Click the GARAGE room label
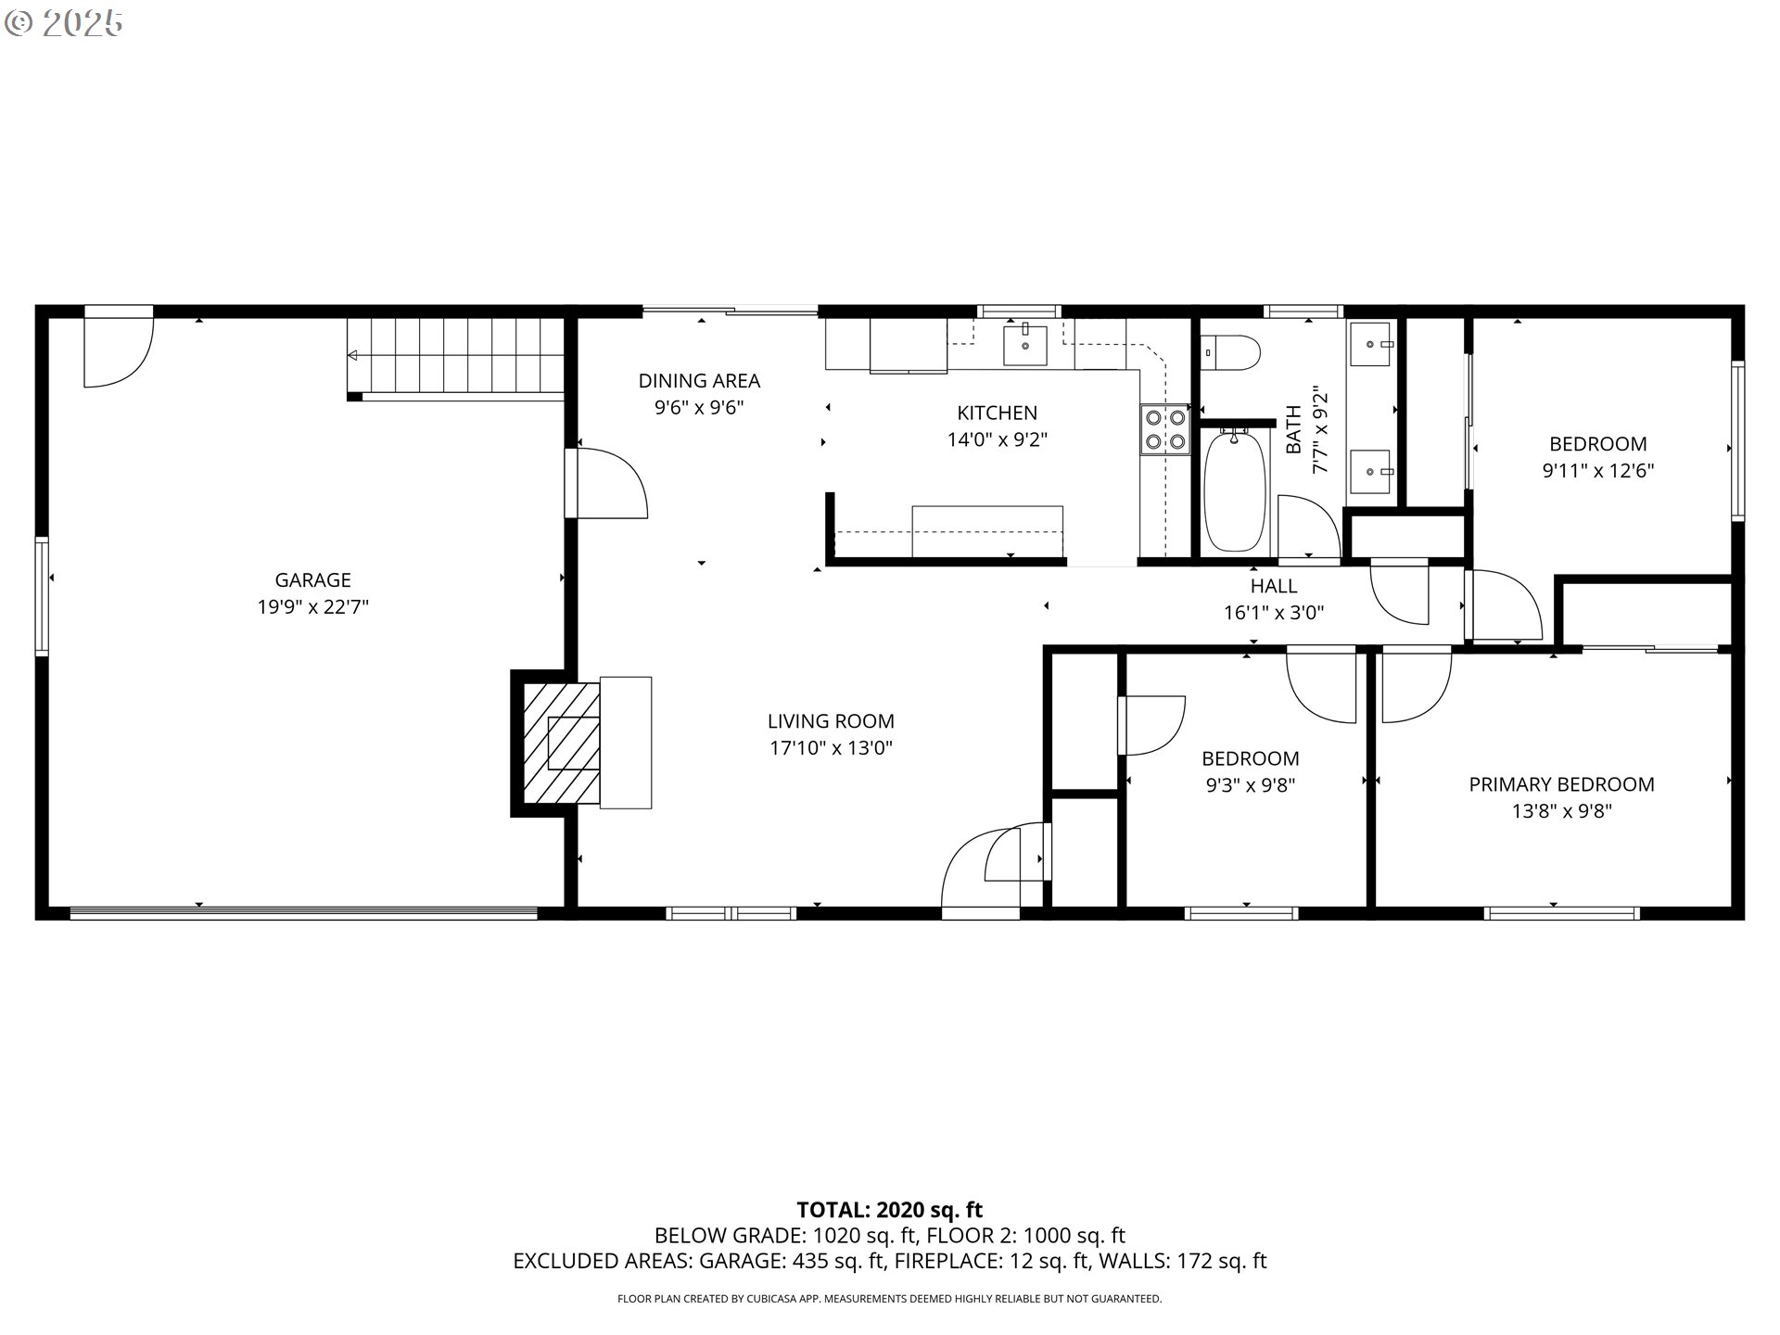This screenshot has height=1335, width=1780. coord(312,580)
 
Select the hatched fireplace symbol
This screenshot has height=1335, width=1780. coord(562,744)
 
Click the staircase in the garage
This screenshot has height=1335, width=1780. coord(456,359)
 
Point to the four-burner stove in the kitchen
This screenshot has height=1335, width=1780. coord(1165,430)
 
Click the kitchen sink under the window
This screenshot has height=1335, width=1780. coord(1025,345)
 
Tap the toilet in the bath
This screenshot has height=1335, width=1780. coord(1230,352)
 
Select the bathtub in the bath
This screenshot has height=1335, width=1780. coord(1235,489)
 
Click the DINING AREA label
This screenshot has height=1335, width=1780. coord(699,380)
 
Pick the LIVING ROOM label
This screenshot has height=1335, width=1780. coord(831,721)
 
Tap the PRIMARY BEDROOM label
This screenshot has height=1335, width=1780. coord(1561,784)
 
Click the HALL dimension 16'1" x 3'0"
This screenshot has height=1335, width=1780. coord(1274,613)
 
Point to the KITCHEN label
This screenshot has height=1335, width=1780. coord(997,413)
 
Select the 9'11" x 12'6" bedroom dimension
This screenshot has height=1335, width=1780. coord(1597,471)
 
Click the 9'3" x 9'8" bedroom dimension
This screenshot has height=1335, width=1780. coord(1250,785)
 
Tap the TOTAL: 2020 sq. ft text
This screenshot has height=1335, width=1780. coord(889,1210)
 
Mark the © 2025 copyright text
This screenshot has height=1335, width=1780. coord(64,23)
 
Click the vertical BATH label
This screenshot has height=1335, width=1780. coord(1293,429)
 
